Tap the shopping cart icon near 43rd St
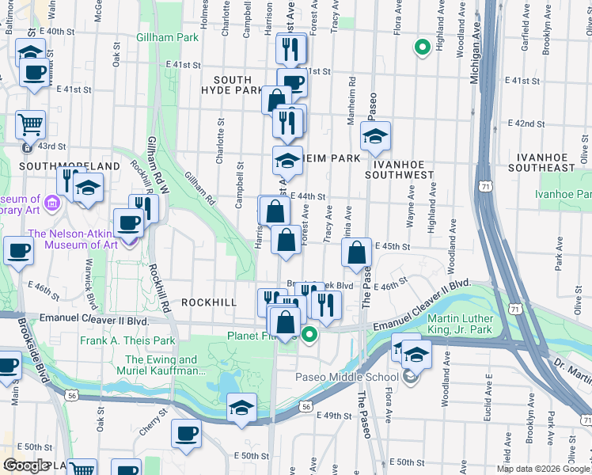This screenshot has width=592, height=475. point(30,124)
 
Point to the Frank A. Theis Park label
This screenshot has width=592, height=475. point(127,341)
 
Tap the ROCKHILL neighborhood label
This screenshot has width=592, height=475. point(210,302)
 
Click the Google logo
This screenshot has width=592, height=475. point(26,465)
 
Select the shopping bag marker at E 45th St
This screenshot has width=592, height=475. point(357,253)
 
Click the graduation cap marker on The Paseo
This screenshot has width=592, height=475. point(376,136)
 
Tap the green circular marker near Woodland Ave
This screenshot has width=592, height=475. point(423,47)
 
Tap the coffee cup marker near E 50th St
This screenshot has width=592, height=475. point(186,433)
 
